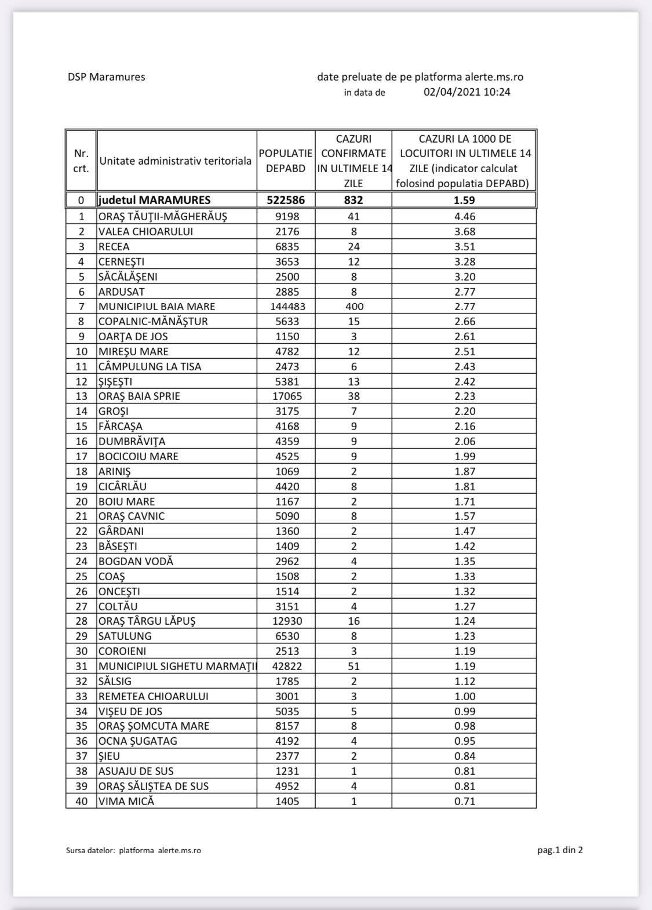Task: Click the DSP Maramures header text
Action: point(106,77)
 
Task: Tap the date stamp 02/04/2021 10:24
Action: point(467,92)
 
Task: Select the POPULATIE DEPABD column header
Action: point(286,161)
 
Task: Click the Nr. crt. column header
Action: point(81,161)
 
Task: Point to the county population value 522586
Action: point(286,200)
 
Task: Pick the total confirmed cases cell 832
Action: point(354,200)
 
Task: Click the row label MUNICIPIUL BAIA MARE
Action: point(156,307)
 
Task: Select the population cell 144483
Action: point(286,307)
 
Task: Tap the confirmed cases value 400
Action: point(354,307)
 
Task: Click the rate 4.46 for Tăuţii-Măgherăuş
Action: point(464,217)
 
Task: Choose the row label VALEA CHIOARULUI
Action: point(145,232)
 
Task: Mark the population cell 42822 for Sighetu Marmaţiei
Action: point(286,667)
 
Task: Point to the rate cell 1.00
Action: point(464,697)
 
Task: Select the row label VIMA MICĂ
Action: point(126,802)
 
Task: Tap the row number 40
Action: point(81,802)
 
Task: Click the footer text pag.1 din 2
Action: point(560,850)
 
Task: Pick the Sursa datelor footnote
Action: point(133,851)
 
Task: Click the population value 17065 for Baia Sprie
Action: point(286,396)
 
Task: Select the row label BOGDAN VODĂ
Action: point(136,562)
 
